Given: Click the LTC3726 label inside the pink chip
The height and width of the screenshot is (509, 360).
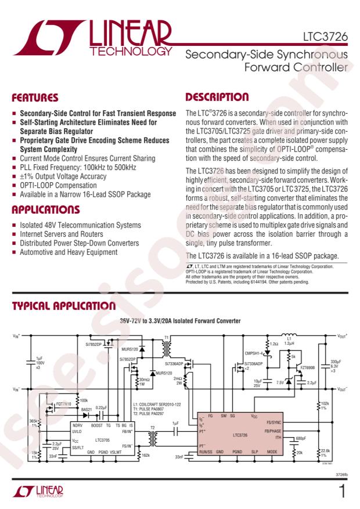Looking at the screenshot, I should [243, 434].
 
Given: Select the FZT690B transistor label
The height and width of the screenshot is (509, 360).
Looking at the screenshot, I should [306, 367].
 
